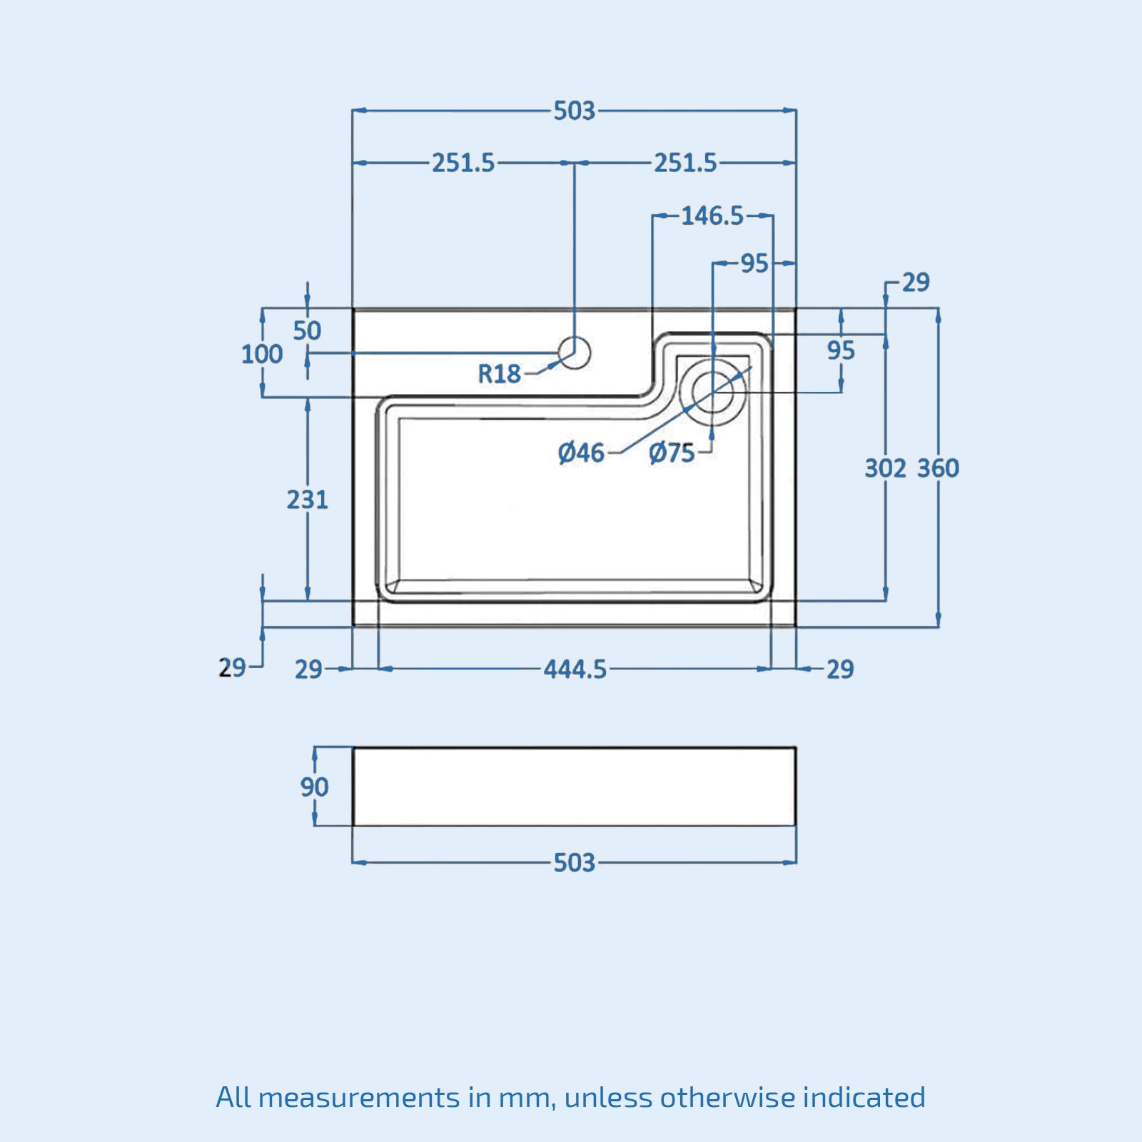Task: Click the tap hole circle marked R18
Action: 575,353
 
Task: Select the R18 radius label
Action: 499,373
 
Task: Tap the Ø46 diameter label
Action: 581,453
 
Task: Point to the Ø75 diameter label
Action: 672,453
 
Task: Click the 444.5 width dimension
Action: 575,669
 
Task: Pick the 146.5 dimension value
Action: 712,216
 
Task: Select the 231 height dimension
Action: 308,500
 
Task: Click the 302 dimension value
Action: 885,468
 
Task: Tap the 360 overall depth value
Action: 938,468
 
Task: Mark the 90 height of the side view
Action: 314,787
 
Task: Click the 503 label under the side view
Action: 575,863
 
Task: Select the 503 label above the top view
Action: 575,111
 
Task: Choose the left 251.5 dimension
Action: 463,163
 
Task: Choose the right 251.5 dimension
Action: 685,163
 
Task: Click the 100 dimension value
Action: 262,354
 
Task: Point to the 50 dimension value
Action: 307,330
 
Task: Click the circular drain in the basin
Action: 712,392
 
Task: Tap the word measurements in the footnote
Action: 359,1098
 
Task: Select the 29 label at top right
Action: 916,283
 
